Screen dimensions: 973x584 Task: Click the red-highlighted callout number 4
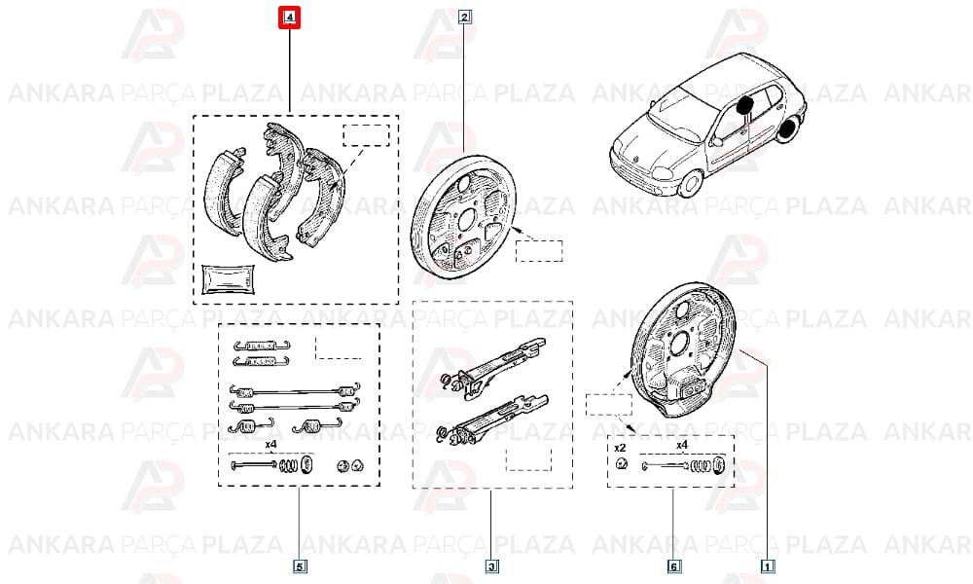click(x=289, y=18)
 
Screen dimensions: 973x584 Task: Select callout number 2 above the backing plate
click(x=465, y=17)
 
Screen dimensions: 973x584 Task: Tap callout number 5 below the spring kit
click(x=299, y=566)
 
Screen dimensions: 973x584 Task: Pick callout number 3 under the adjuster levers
click(x=491, y=566)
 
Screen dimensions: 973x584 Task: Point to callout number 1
click(x=768, y=566)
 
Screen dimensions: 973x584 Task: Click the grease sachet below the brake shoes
click(x=229, y=279)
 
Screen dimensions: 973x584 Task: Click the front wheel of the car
click(x=690, y=183)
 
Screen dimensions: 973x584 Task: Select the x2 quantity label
click(x=620, y=448)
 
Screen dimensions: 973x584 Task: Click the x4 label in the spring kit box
click(x=270, y=445)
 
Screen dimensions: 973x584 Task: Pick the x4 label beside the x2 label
click(x=682, y=445)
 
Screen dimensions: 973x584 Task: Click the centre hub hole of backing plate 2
click(x=467, y=218)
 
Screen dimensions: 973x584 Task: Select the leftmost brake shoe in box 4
click(x=224, y=191)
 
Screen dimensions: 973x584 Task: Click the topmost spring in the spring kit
click(x=261, y=346)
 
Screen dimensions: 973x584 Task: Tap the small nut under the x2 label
click(x=621, y=463)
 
